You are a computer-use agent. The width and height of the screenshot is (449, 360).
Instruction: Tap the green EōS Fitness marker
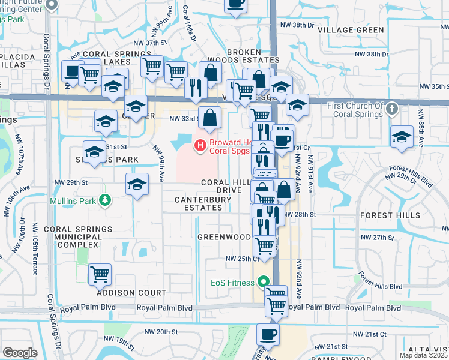point(263,281)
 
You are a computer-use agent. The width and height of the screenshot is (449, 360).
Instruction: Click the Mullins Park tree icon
point(105,199)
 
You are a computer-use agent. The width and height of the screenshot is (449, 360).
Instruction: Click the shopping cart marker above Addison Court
point(100,275)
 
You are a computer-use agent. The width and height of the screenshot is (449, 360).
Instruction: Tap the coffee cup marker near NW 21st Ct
point(268,334)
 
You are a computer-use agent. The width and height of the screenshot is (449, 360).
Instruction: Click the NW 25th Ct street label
point(242,259)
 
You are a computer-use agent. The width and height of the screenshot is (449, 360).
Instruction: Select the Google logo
point(20,353)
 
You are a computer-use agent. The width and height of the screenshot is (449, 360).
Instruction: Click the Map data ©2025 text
point(423,355)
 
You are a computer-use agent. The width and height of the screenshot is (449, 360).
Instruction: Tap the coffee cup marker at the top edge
point(235,4)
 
